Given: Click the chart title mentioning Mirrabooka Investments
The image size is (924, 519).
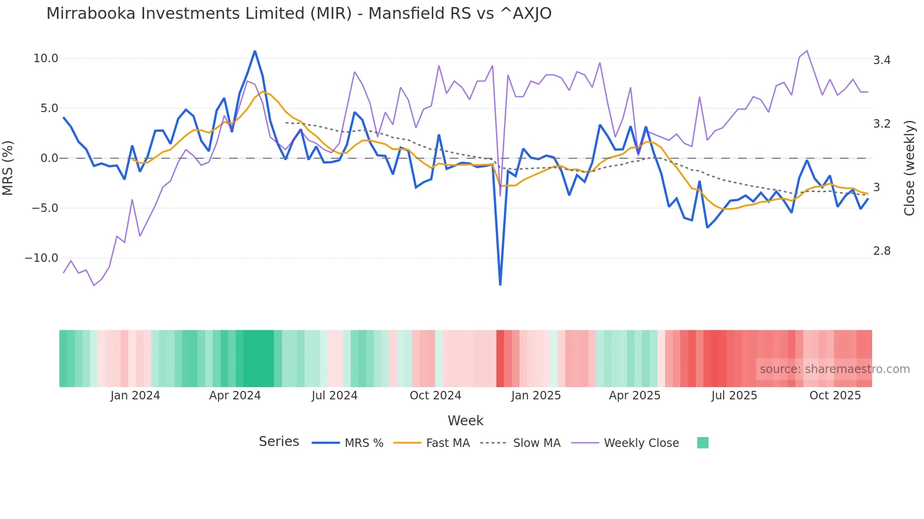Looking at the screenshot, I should (x=299, y=14).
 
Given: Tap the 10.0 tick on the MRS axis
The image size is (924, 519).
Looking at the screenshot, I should (x=46, y=58).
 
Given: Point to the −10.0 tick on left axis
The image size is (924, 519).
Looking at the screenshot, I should (x=41, y=258).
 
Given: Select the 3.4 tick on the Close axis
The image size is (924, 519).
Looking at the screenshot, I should (x=882, y=60).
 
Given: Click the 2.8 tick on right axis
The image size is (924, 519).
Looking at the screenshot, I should (x=882, y=251).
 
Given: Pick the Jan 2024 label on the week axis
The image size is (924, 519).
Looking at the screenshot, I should (x=135, y=396).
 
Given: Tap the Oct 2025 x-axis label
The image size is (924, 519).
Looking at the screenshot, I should (x=835, y=396).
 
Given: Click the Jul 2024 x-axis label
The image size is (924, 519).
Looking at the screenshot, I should (x=334, y=396).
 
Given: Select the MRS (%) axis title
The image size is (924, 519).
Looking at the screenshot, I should (x=8, y=168).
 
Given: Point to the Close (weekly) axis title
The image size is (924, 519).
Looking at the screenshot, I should (x=909, y=168).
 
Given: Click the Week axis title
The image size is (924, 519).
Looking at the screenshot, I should (x=465, y=421).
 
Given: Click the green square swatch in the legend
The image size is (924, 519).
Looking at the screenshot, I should (x=702, y=443).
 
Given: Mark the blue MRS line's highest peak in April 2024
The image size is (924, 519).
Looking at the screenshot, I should (x=255, y=51).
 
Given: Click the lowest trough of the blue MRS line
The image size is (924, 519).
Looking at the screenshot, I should (x=500, y=284).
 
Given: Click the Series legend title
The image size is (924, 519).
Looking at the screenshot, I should (x=279, y=442).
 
